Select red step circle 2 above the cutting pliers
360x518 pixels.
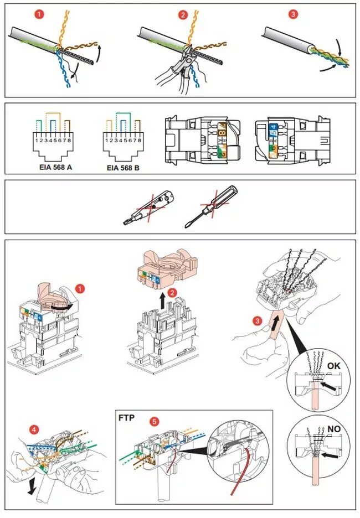pyautogui.click(x=183, y=15)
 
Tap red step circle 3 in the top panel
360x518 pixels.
pyautogui.click(x=293, y=14)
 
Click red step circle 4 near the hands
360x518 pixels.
pyautogui.click(x=34, y=430)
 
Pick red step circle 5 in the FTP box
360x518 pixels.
pyautogui.click(x=155, y=422)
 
